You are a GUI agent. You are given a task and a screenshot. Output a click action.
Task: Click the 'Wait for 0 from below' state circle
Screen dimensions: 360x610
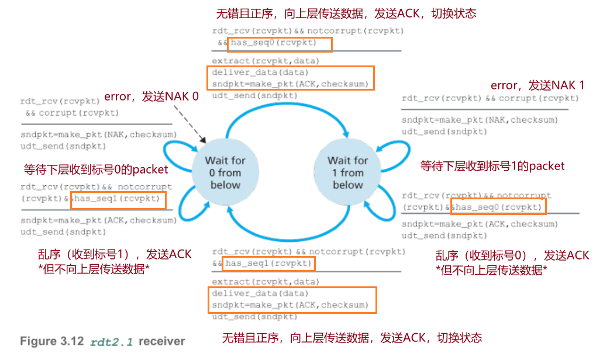225,172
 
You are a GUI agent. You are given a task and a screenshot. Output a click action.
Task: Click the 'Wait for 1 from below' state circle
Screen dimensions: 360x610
347,172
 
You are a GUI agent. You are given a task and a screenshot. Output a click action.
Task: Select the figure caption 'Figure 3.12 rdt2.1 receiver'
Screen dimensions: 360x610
102,341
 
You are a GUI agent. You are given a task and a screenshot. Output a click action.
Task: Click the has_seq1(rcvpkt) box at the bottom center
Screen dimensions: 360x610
269,264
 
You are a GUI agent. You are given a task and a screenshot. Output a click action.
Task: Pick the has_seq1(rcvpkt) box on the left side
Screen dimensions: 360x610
118,200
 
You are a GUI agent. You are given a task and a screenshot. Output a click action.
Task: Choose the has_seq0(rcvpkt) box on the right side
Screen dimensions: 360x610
498,207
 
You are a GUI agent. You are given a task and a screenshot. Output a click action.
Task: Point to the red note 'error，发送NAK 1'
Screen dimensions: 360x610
537,85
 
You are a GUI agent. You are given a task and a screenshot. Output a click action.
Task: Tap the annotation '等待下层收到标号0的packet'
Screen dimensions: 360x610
96,170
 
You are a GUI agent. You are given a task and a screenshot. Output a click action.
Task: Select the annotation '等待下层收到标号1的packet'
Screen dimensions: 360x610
492,166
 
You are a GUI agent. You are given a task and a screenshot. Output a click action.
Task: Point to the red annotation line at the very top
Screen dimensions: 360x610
346,13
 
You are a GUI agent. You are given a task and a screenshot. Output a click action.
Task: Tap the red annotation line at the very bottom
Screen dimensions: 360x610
352,338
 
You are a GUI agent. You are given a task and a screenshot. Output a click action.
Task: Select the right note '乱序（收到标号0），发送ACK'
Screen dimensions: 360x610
512,255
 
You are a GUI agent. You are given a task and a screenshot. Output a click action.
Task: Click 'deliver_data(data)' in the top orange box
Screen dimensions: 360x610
260,72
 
